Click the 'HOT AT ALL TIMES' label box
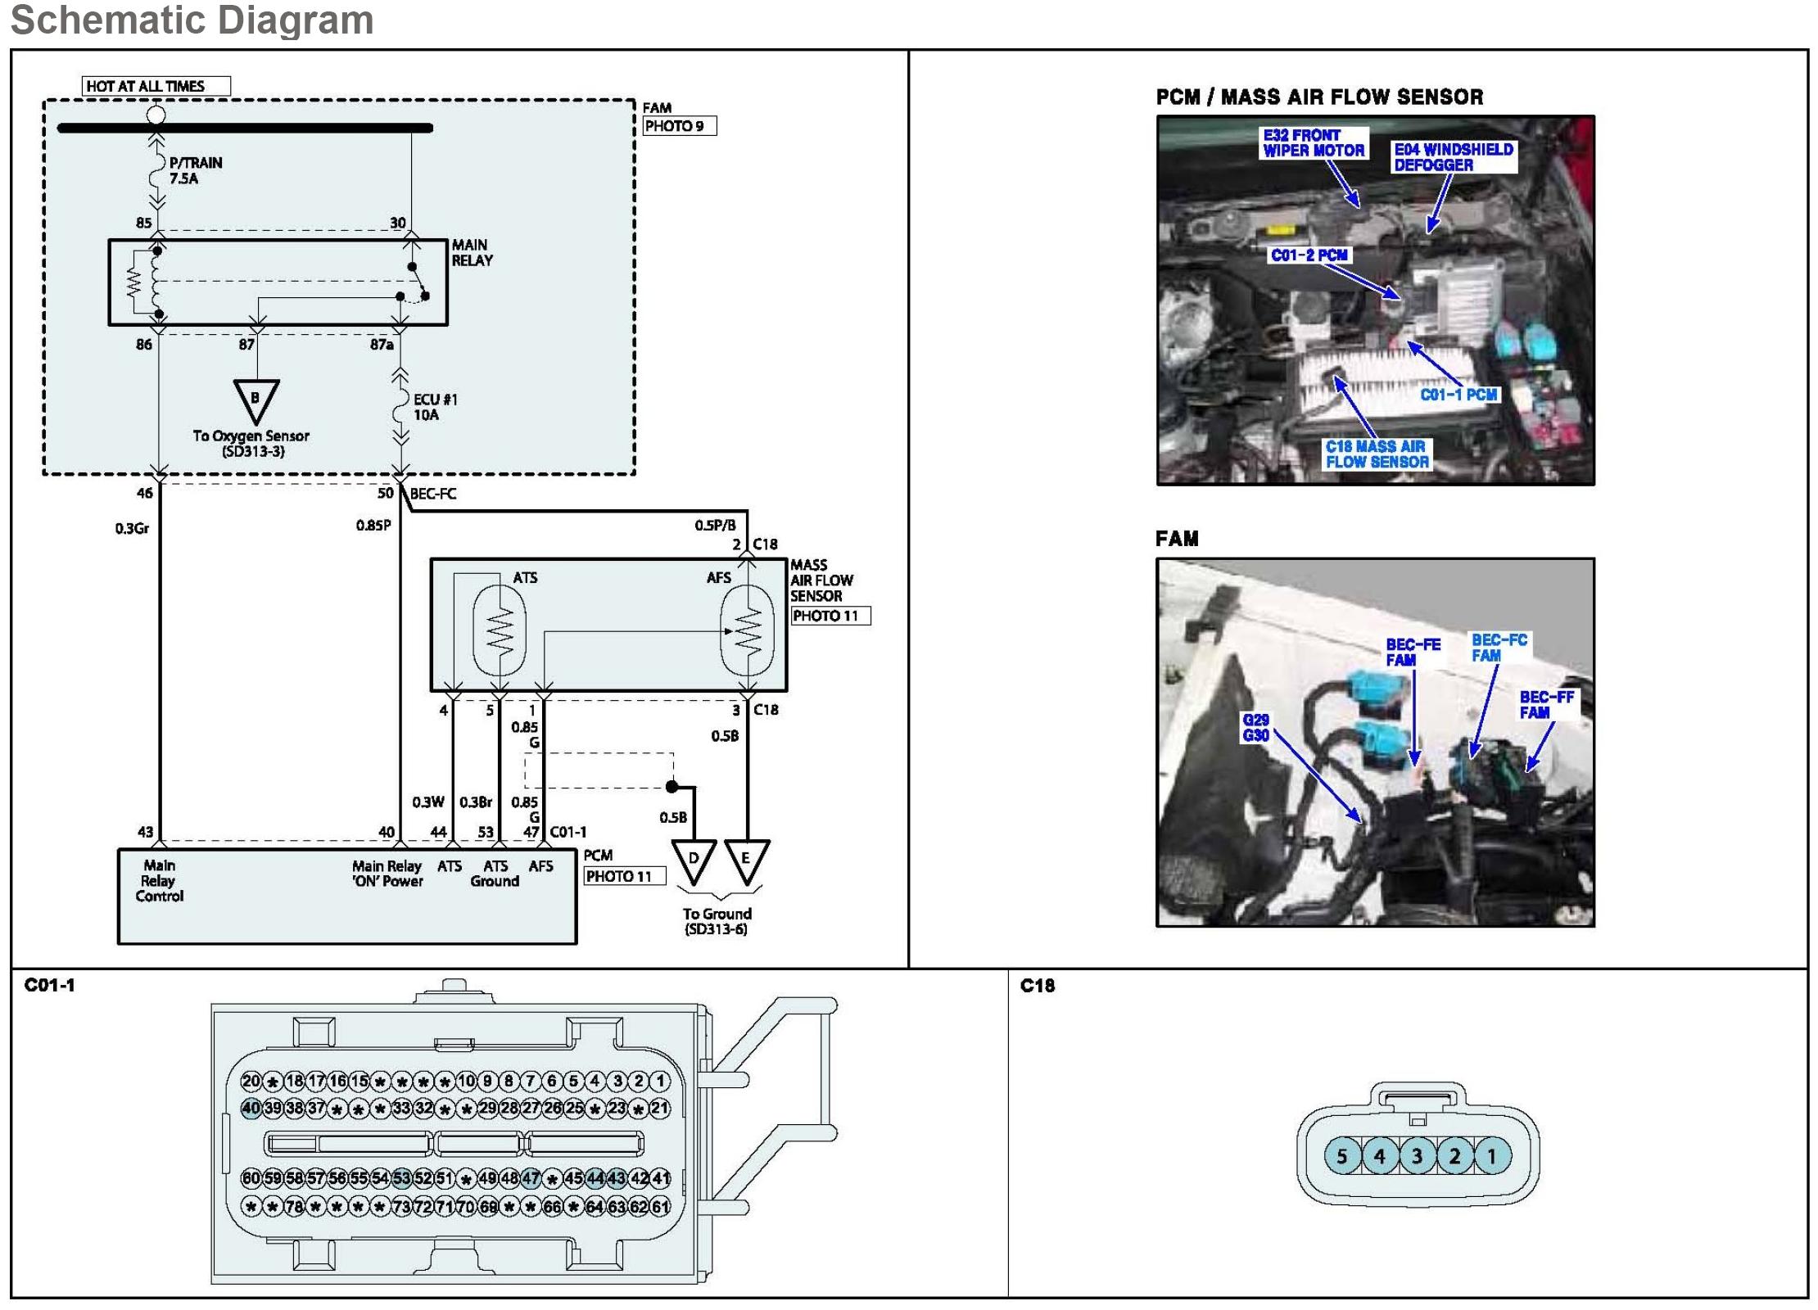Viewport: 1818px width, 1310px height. [156, 86]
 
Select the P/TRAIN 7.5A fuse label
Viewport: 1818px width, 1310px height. [195, 170]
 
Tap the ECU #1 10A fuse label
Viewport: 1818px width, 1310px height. [435, 407]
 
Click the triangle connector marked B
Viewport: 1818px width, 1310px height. [256, 400]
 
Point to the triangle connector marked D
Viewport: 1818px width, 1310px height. [694, 861]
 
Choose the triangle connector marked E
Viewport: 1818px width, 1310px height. [746, 861]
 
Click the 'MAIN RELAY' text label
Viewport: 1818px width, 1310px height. [472, 252]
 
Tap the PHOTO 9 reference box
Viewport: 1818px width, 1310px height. [679, 126]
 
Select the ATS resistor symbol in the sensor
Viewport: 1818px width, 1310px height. [500, 630]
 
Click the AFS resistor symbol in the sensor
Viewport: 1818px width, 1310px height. [747, 630]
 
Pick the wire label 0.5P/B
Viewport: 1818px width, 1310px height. [715, 525]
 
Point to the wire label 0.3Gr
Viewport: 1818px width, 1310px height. [132, 528]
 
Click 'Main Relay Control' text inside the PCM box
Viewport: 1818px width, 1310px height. [159, 880]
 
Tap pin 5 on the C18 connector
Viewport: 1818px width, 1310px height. [1341, 1156]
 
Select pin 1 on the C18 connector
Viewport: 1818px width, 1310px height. [1491, 1156]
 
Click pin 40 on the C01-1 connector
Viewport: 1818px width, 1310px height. [251, 1109]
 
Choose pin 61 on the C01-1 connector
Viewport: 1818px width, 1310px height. [660, 1206]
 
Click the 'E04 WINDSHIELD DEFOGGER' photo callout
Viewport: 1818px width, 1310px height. [1454, 157]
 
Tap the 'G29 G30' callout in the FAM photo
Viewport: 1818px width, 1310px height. [1255, 728]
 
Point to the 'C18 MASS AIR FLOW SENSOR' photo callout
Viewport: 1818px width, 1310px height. [1377, 454]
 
